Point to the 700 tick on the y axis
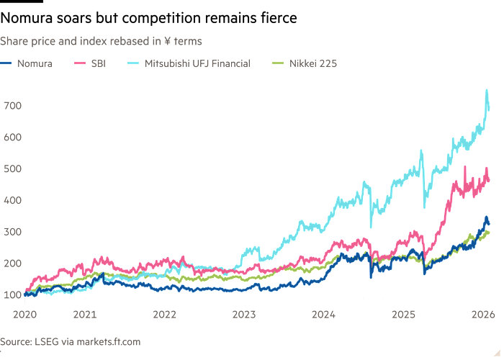12,106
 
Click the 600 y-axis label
12,138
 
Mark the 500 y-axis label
12,168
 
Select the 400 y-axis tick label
12,199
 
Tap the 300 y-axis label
12,231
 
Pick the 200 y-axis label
12,263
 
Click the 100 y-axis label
12,294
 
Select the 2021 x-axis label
86,315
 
